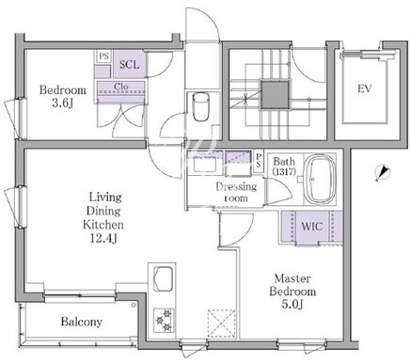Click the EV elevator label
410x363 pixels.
[x=365, y=88]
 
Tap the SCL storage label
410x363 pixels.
[x=129, y=65]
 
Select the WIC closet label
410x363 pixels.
[x=312, y=227]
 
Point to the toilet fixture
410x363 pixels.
[x=200, y=106]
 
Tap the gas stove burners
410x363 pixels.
[x=164, y=320]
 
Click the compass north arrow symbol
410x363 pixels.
[x=382, y=173]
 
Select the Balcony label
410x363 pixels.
[x=82, y=322]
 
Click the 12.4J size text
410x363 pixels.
[x=103, y=239]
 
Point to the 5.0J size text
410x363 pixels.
[x=292, y=304]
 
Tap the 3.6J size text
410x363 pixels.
[x=63, y=103]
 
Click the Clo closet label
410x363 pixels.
[x=121, y=87]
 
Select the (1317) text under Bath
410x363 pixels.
[x=284, y=171]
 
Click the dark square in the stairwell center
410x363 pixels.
[x=275, y=95]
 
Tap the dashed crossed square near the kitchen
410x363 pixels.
[x=221, y=324]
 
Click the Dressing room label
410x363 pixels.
[x=236, y=192]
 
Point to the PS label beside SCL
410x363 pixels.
[x=103, y=56]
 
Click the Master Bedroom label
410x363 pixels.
[x=292, y=285]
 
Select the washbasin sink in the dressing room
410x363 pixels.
[x=203, y=165]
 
